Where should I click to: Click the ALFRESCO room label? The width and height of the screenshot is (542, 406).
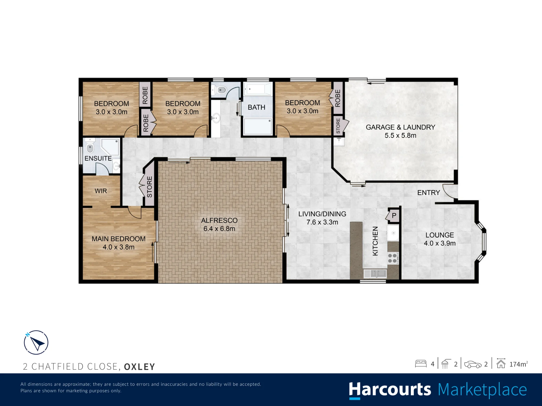point(219,221)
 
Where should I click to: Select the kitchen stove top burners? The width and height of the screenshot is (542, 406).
point(393,258)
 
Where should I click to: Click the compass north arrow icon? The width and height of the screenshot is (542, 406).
point(36,342)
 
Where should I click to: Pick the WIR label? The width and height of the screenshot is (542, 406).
point(101,191)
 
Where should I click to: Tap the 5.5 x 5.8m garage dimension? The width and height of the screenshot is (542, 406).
point(400,135)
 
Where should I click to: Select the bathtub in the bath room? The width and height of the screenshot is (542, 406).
point(257,89)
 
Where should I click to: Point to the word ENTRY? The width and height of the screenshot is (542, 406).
point(428,193)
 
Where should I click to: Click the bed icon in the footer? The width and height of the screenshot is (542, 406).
point(421,364)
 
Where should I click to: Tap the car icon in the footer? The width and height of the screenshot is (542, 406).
point(473,364)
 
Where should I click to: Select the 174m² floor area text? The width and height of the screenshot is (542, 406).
point(518,364)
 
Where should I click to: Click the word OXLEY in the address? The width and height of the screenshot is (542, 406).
point(140,366)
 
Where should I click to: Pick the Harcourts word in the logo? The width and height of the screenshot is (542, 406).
point(390,390)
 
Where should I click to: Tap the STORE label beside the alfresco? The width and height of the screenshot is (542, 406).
point(150,187)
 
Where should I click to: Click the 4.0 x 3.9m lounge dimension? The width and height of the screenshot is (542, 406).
point(440,243)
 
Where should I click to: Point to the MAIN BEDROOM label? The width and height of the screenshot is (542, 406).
point(118,239)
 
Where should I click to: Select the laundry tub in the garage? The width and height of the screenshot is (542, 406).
point(339,142)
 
